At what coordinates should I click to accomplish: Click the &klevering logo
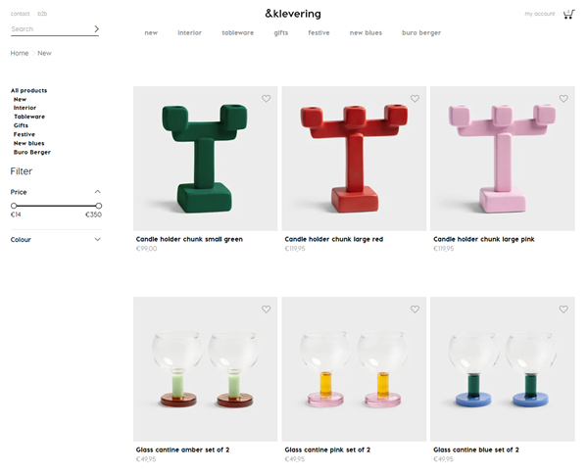[x=292, y=14]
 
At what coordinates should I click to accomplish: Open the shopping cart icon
[x=568, y=14]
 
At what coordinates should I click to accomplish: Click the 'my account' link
[x=539, y=14]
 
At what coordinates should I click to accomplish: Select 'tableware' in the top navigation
[x=237, y=33]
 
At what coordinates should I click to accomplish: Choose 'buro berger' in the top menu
[x=421, y=33]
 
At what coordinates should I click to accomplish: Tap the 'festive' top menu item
[x=318, y=33]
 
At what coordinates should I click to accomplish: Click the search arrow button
[x=96, y=29]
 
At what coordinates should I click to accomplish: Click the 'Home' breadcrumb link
[x=20, y=53]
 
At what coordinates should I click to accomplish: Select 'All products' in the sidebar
[x=28, y=90]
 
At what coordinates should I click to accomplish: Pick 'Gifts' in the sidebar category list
[x=21, y=125]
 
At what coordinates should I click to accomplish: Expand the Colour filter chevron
[x=98, y=239]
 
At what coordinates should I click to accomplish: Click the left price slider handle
[x=14, y=206]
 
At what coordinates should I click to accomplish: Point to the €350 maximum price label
[x=94, y=214]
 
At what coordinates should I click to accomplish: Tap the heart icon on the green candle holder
[x=267, y=98]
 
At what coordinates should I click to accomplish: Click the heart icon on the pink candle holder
[x=563, y=98]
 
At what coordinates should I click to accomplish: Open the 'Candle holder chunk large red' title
[x=335, y=239]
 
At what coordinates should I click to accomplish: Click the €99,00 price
[x=146, y=249]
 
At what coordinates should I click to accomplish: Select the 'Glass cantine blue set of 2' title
[x=476, y=450]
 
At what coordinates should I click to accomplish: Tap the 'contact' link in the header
[x=20, y=14]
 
